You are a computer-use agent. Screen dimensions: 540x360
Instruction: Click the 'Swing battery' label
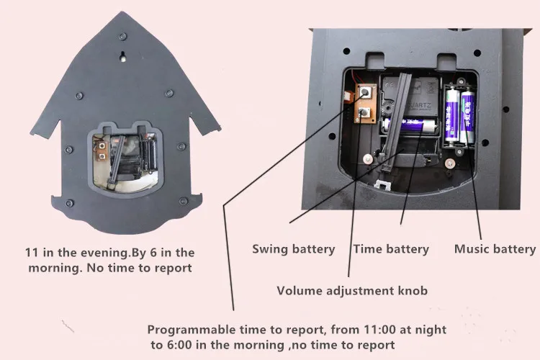point(294,249)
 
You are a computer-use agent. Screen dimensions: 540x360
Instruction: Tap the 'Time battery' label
point(391,249)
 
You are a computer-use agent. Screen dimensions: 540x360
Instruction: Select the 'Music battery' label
point(495,249)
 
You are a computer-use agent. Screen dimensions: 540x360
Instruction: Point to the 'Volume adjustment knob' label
point(352,291)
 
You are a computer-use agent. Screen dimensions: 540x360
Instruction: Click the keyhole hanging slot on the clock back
point(122,56)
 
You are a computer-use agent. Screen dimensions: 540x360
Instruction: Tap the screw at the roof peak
point(122,37)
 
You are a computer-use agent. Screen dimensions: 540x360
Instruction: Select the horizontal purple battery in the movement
point(410,125)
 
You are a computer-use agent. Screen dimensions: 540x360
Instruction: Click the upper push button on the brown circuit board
point(365,92)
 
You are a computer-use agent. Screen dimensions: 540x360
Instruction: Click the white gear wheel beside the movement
point(387,108)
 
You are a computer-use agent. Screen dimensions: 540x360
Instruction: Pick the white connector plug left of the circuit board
point(349,97)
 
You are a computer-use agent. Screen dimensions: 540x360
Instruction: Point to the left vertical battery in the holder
point(451,115)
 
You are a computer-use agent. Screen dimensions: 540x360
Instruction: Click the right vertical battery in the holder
point(468,115)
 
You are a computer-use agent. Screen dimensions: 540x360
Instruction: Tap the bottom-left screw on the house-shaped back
point(70,203)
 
